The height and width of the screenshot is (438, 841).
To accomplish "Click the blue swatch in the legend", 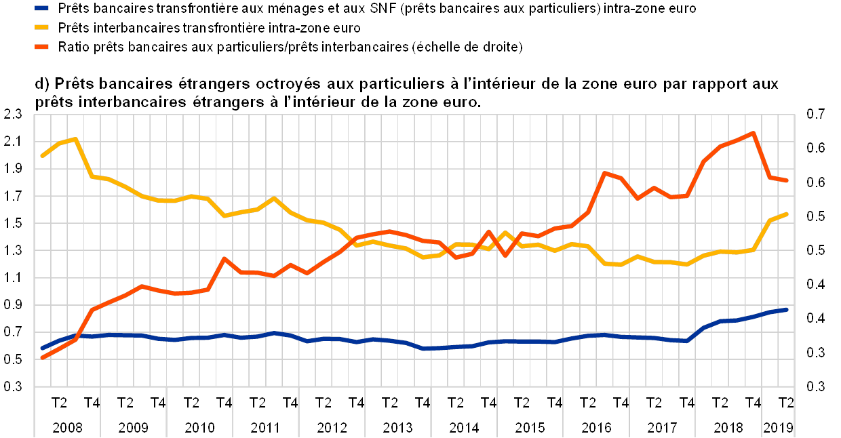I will pos(42,9).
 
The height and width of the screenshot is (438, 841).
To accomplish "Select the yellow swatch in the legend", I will pos(42,28).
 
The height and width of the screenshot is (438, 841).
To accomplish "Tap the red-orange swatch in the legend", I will pos(42,47).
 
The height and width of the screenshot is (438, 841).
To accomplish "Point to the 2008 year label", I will pos(67,427).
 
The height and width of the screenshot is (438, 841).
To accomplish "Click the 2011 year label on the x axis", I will pos(266,427).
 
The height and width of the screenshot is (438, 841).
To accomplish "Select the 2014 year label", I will pos(464,427).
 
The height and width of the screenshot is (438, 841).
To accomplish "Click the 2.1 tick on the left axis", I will pos(14,141).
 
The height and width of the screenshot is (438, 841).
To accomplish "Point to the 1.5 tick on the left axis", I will pos(14,223).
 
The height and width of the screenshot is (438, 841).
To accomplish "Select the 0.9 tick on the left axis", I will pos(14,305).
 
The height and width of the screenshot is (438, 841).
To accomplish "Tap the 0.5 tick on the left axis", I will pos(14,359).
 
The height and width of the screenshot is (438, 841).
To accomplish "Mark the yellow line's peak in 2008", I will pos(75,139).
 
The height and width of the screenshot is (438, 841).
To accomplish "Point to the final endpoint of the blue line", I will pos(786,309).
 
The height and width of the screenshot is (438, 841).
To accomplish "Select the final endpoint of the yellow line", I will pos(786,214).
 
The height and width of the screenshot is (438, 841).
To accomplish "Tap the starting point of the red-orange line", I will pos(42,357).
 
